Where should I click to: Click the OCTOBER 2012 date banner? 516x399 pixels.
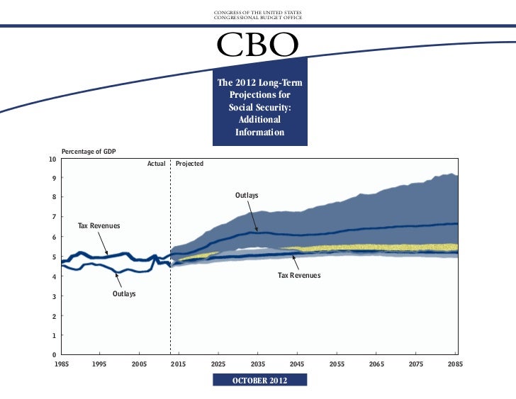pos(260,381)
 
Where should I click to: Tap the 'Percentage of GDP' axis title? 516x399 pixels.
pos(89,152)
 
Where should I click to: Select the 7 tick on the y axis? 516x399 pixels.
pos(55,217)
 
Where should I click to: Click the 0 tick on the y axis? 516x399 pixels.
pos(55,354)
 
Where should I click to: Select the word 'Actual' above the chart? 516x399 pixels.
pos(156,164)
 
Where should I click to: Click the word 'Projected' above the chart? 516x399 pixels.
pos(189,164)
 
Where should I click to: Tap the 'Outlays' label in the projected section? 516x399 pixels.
pos(247,195)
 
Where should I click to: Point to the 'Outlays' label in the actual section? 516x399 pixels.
pos(124,293)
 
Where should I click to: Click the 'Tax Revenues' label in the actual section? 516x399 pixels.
pos(99,225)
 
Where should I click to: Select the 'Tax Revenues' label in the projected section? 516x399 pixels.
pos(298,275)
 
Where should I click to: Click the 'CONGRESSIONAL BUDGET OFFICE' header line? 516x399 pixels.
pos(258,17)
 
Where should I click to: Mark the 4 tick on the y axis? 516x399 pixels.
pos(55,276)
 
